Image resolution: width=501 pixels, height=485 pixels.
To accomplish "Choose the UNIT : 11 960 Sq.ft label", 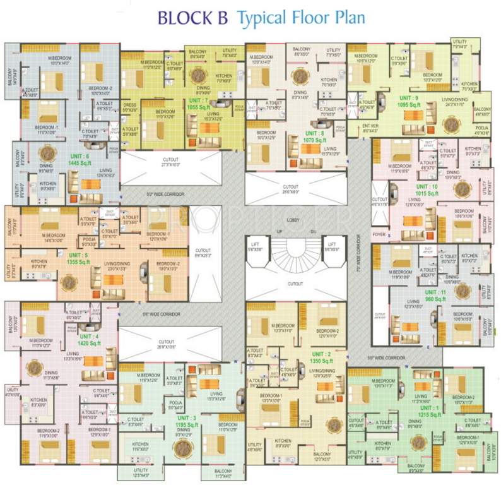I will click(435, 296).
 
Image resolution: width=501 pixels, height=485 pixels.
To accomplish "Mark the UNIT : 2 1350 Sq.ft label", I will click(321, 357).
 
